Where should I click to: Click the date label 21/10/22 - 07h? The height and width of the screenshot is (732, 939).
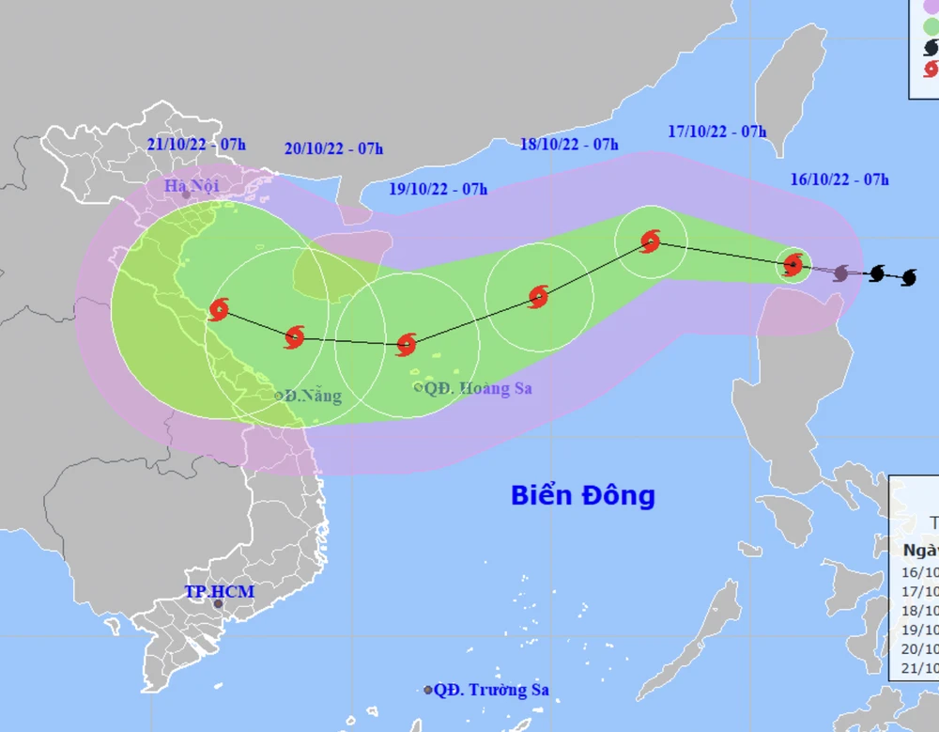pos(196,145)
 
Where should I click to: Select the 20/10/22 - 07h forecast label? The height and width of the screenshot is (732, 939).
pos(333,148)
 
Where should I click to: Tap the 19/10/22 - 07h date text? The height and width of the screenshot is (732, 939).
pos(439,189)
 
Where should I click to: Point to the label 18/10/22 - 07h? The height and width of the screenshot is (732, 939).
pos(569,144)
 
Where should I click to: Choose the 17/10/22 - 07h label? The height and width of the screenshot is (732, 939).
pos(717,132)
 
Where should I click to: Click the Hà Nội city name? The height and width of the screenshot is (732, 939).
pos(192,185)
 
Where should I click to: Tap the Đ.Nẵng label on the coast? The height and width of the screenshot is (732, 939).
pos(313,396)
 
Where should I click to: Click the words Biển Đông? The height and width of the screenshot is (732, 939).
pos(582,495)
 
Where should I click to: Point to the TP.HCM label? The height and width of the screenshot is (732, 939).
pos(219,591)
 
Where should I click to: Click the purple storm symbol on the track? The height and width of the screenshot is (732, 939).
pos(841,273)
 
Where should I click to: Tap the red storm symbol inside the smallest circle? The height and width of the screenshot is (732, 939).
pos(793,265)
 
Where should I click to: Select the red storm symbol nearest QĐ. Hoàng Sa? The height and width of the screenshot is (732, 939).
pos(406,344)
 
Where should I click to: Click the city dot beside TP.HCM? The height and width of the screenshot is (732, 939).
pos(219,604)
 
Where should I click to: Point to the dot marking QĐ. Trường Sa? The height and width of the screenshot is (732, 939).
pos(428,690)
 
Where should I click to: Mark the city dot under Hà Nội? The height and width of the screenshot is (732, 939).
pos(186,195)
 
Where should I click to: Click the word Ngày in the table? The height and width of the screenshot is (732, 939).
pos(921,551)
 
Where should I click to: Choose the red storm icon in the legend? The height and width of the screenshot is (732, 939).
pos(930,69)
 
